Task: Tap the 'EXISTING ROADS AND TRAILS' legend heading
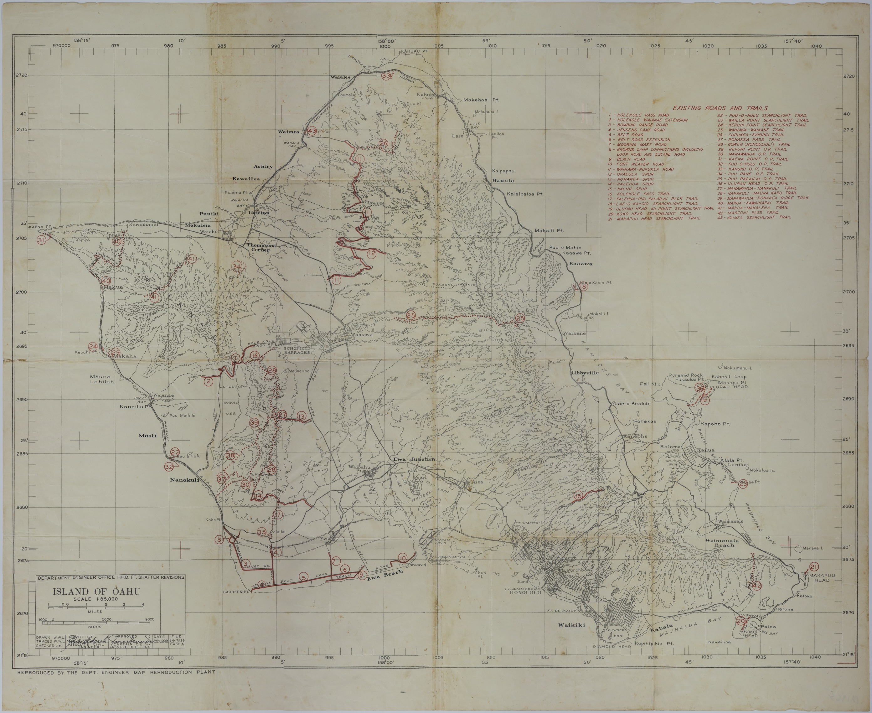[720, 108]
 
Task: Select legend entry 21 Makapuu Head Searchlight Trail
[646, 219]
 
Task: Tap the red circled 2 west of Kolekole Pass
[209, 382]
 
